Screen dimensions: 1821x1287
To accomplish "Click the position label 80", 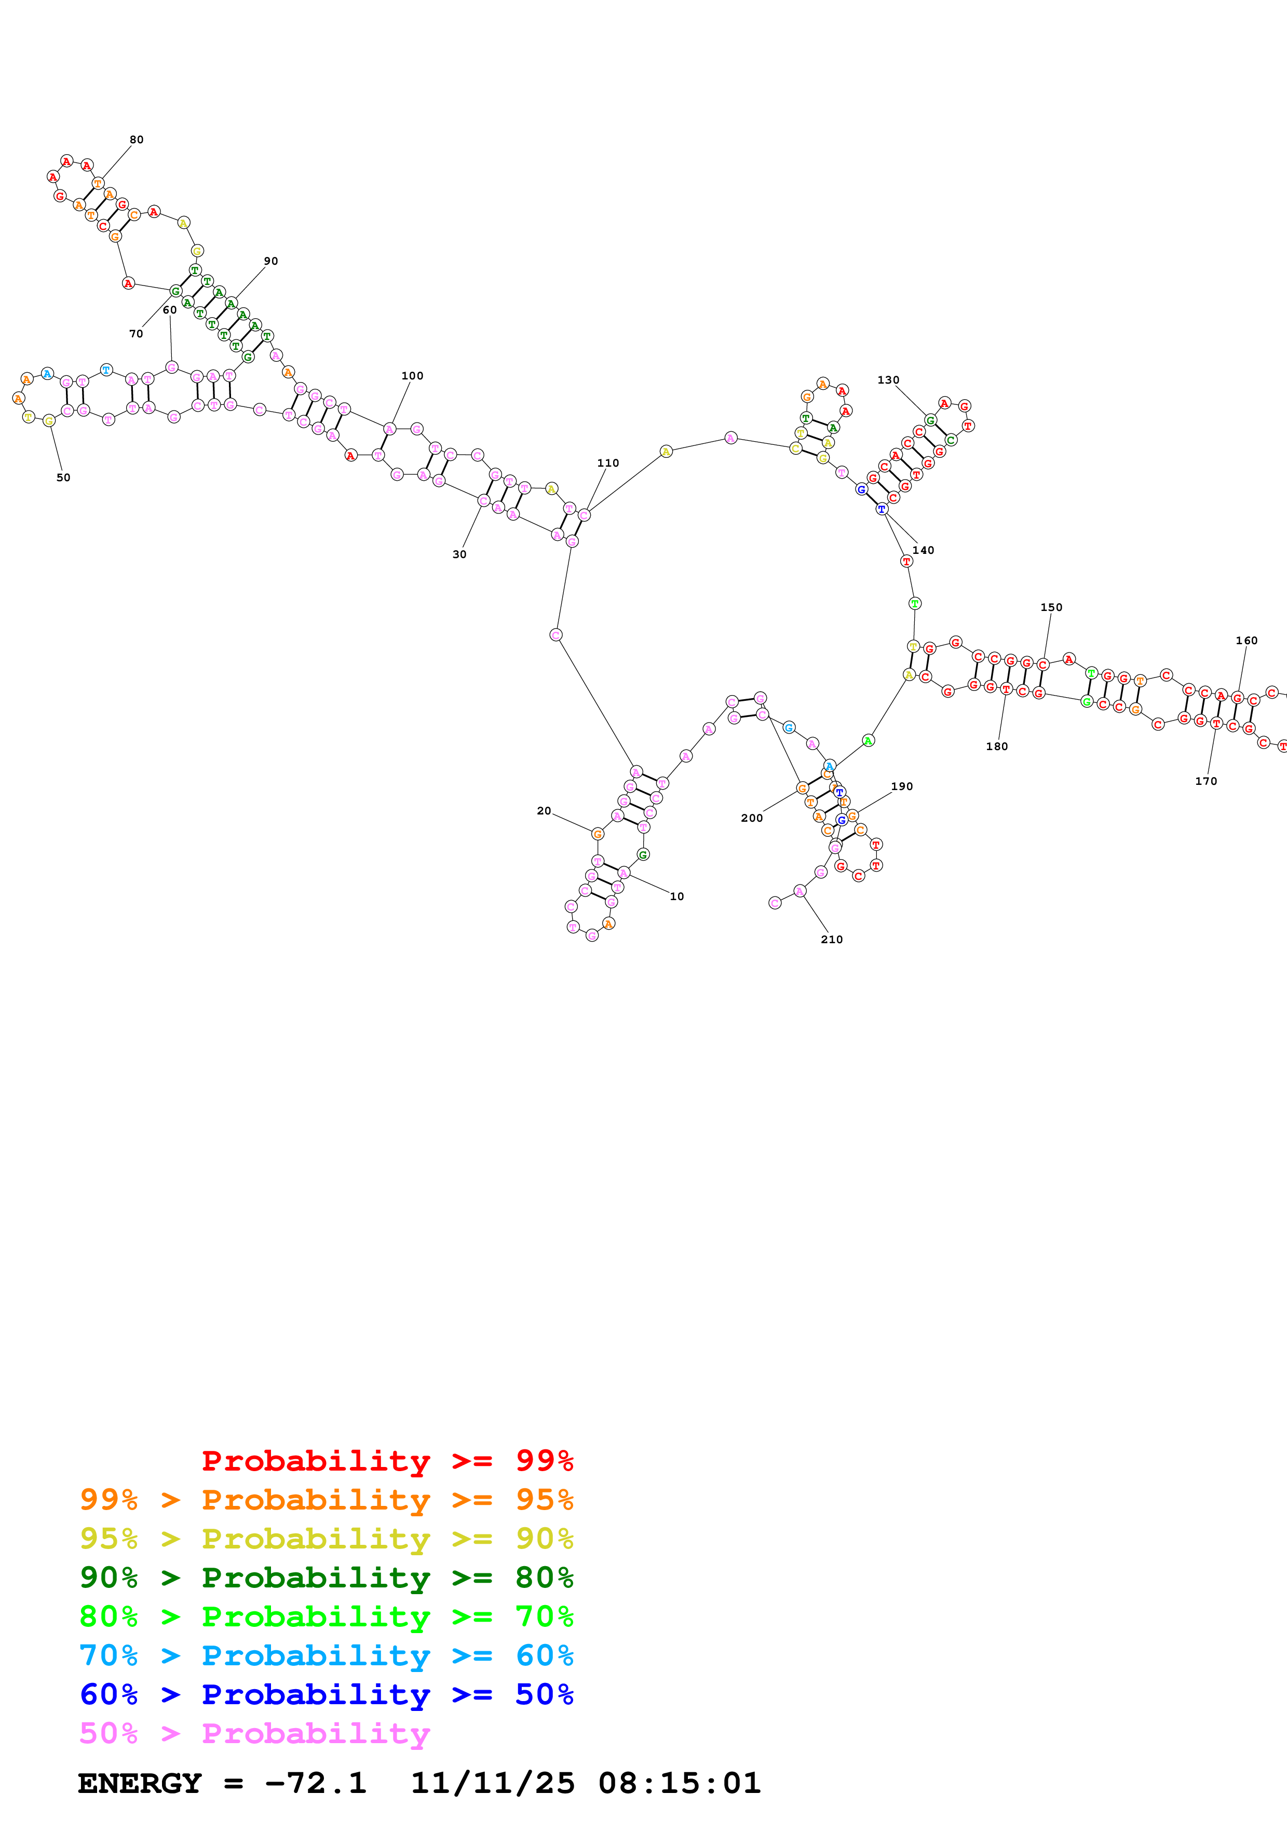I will pyautogui.click(x=137, y=140).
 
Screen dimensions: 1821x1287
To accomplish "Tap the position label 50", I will pyautogui.click(x=63, y=478).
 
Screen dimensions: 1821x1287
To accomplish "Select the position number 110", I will pyautogui.click(x=608, y=463).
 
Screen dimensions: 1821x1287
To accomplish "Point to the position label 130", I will pyautogui.click(x=888, y=380).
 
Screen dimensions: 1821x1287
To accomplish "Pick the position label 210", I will pyautogui.click(x=832, y=939).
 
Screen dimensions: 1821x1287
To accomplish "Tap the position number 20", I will pyautogui.click(x=544, y=810).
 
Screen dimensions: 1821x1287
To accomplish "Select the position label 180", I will pyautogui.click(x=997, y=746).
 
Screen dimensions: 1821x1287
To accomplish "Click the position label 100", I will pyautogui.click(x=412, y=376).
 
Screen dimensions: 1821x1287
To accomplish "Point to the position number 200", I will pyautogui.click(x=752, y=818).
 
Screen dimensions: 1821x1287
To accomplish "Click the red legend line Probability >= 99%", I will pyautogui.click(x=387, y=1461).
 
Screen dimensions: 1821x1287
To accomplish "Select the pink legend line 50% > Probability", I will pyautogui.click(x=254, y=1733).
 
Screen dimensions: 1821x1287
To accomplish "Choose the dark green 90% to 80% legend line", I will pyautogui.click(x=326, y=1578).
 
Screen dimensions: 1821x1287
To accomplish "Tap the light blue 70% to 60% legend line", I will pyautogui.click(x=326, y=1655).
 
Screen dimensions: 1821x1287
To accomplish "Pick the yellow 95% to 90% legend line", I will pyautogui.click(x=326, y=1539).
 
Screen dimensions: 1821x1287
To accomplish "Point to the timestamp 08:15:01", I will pyautogui.click(x=680, y=1783).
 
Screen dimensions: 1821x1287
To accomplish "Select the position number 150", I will pyautogui.click(x=1051, y=607).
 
